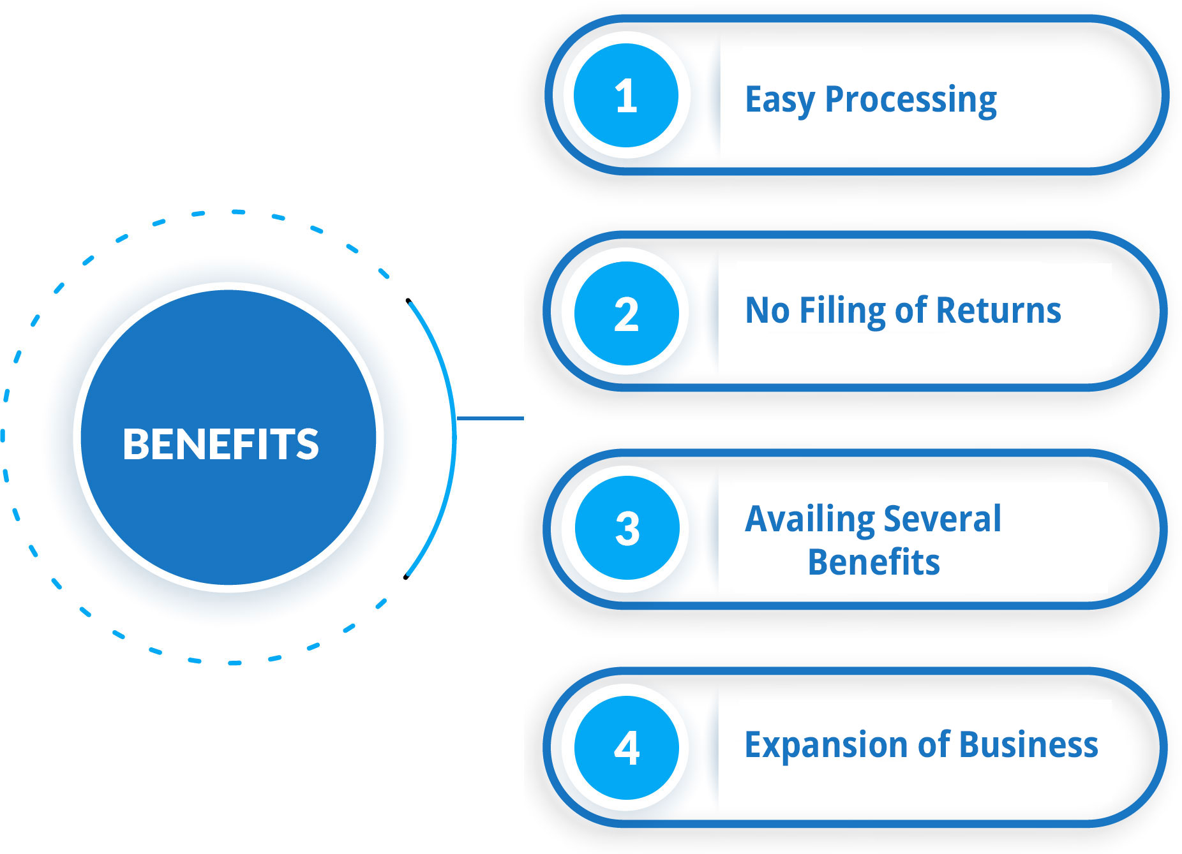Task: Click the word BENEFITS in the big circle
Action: [221, 444]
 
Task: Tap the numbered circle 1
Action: [626, 96]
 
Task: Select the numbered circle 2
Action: [626, 313]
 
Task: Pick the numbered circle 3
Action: [627, 528]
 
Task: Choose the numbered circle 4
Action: [626, 747]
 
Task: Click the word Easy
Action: [780, 101]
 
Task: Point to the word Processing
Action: [911, 101]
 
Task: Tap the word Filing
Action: [842, 312]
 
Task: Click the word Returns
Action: [999, 311]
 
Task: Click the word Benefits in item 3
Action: [874, 562]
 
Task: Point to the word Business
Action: [1028, 744]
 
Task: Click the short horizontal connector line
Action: [490, 418]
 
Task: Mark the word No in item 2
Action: [768, 311]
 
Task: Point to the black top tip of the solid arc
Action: [408, 300]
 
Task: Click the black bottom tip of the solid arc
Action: [406, 577]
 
